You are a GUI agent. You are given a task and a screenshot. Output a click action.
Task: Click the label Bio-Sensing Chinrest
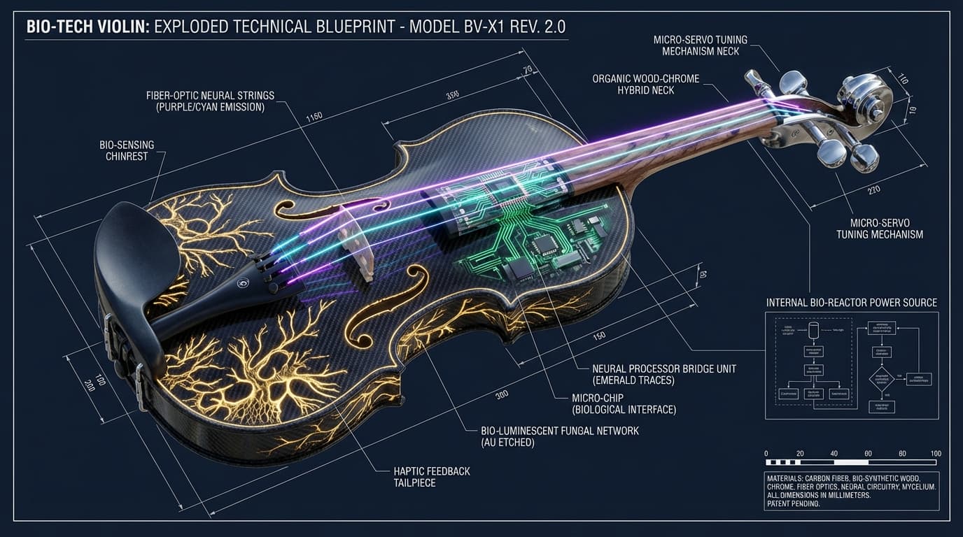click(x=127, y=150)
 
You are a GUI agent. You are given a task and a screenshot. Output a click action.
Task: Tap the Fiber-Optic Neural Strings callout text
click(x=210, y=101)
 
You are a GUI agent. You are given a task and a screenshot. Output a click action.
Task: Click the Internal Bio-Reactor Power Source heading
click(x=852, y=303)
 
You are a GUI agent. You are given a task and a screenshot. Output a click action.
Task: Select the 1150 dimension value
click(x=314, y=116)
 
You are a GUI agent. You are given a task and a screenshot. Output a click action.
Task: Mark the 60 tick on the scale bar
click(x=869, y=452)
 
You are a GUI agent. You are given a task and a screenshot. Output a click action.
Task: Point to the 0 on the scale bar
click(x=767, y=452)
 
